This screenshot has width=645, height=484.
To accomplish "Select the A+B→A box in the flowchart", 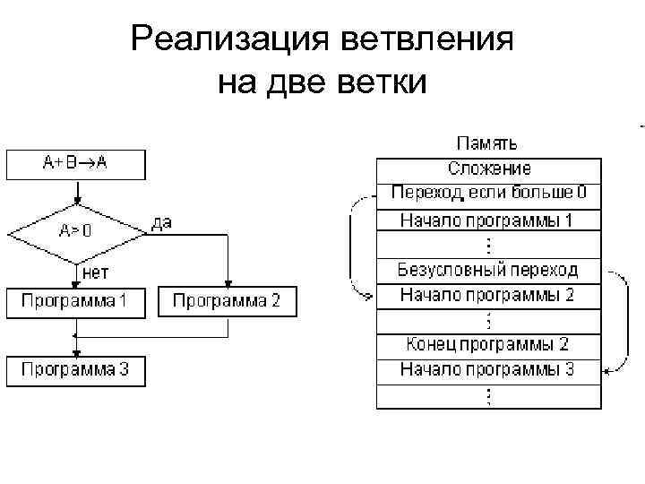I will [76, 164].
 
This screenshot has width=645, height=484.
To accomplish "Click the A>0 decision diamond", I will [76, 230].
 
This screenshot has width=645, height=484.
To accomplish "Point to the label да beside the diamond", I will [162, 222].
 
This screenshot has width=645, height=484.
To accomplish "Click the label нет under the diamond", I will [96, 270].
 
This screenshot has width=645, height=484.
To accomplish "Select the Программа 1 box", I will [76, 301].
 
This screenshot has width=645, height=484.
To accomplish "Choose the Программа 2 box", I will [227, 301].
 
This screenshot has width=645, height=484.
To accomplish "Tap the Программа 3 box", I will [76, 369].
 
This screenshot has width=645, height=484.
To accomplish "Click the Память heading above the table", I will [486, 143].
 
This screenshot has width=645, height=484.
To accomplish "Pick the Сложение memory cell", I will [488, 168].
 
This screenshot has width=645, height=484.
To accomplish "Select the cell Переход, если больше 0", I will [488, 193].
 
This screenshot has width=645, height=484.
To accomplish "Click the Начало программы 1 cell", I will [488, 220].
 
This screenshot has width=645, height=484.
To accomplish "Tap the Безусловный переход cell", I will [488, 269].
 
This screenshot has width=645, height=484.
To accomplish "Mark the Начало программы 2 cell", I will [488, 294].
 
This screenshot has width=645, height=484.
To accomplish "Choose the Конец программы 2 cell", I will [488, 344].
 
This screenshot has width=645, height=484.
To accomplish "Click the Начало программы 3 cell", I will [488, 369].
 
